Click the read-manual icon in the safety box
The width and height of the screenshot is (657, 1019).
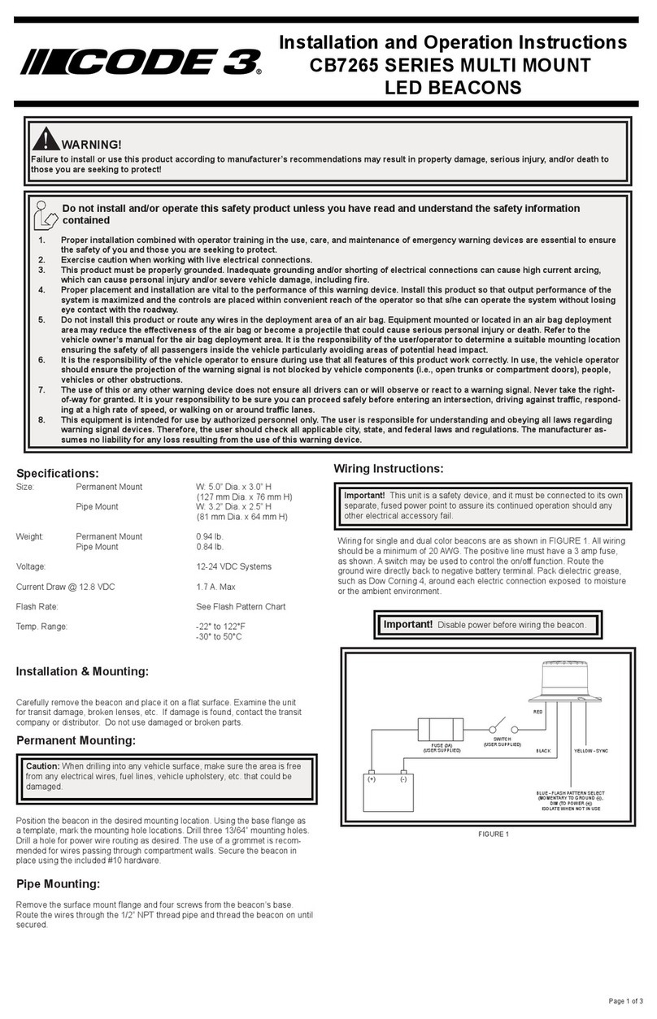46,215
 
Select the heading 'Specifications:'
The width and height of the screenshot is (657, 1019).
58,473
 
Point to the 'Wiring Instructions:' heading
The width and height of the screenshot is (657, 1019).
389,469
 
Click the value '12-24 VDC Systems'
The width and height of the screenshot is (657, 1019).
234,566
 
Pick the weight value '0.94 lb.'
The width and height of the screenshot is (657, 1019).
210,536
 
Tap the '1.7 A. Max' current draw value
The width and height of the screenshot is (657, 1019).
216,587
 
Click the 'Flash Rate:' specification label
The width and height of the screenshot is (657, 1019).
37,606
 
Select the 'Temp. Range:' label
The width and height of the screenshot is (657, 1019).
42,627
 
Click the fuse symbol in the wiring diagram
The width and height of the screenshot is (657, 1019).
440,728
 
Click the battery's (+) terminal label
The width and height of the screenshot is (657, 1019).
372,778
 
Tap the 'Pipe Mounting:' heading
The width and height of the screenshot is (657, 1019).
59,884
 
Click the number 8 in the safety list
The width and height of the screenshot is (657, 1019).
41,420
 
